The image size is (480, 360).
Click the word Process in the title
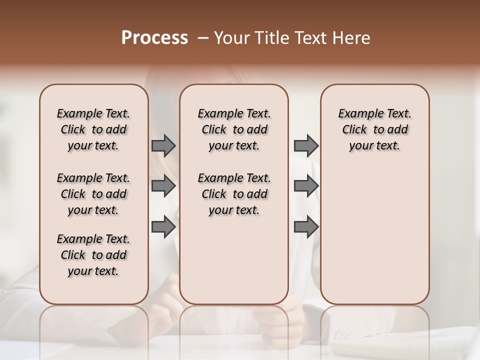pyautogui.click(x=154, y=38)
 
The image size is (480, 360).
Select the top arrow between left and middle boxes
pyautogui.click(x=163, y=145)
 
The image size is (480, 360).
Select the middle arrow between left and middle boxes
pyautogui.click(x=163, y=186)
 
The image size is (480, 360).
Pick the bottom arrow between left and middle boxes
pyautogui.click(x=163, y=227)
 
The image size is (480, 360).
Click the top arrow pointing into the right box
pyautogui.click(x=306, y=145)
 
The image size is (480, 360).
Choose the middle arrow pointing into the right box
pyautogui.click(x=306, y=186)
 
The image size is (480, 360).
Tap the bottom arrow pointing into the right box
pyautogui.click(x=306, y=227)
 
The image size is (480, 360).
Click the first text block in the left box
pyautogui.click(x=93, y=129)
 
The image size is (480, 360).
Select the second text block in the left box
pyautogui.click(x=93, y=194)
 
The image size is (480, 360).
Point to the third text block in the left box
pyautogui.click(x=93, y=255)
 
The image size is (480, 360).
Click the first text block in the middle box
pyautogui.click(x=234, y=129)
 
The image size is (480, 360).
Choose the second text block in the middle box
pyautogui.click(x=234, y=194)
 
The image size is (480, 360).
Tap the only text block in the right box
pyautogui.click(x=374, y=129)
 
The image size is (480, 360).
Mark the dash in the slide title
pyautogui.click(x=203, y=38)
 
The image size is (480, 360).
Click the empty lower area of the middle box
pyautogui.click(x=234, y=260)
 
